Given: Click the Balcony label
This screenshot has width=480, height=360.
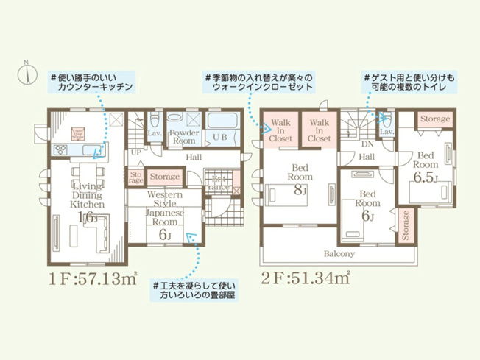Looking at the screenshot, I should pyautogui.click(x=339, y=253).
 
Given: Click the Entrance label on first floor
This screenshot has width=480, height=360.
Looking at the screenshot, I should pyautogui.click(x=219, y=183).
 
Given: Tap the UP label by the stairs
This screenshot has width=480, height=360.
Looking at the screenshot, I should pyautogui.click(x=135, y=153).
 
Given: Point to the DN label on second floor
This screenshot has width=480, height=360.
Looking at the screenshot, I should pyautogui.click(x=368, y=145).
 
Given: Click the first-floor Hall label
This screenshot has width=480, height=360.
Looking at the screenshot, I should pyautogui.click(x=194, y=158).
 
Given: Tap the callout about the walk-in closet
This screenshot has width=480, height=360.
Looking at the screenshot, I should pyautogui.click(x=258, y=82).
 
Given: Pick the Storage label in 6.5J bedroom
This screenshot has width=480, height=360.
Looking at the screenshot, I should pyautogui.click(x=435, y=119).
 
